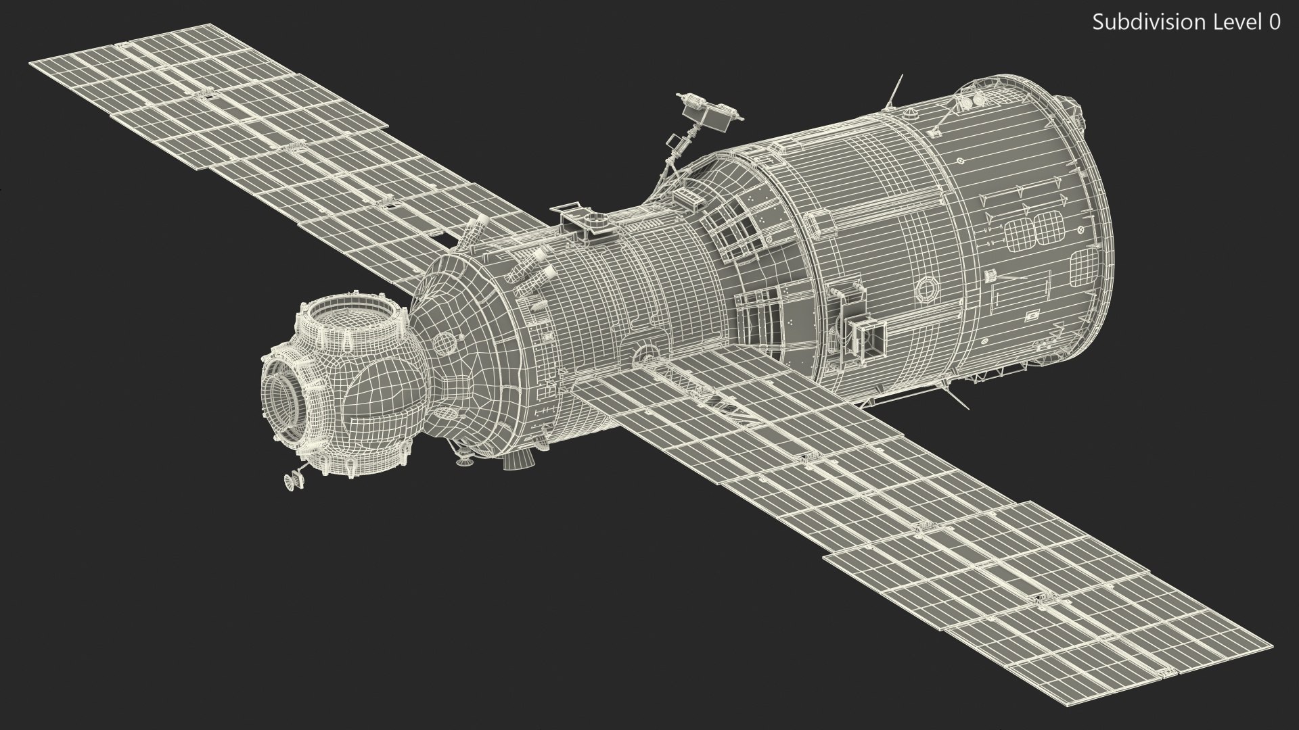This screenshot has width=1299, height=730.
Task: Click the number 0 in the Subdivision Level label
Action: (1273, 22)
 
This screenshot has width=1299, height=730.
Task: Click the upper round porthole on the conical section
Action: (443, 343)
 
